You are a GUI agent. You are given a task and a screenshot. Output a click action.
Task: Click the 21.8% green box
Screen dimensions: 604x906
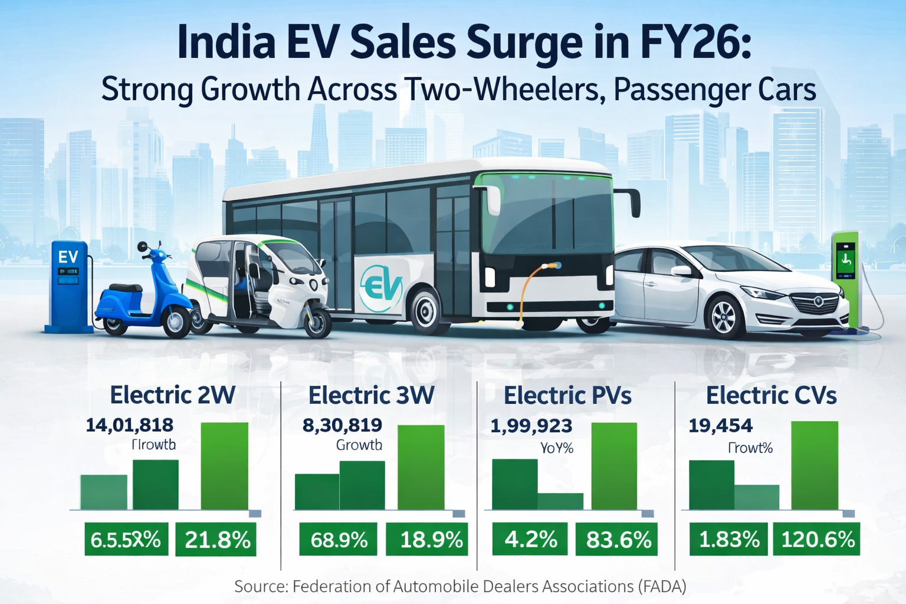click(x=216, y=539)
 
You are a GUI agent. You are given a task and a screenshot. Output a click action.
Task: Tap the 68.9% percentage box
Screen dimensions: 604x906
click(x=339, y=539)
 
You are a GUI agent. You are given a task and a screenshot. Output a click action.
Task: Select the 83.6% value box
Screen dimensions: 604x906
click(x=618, y=539)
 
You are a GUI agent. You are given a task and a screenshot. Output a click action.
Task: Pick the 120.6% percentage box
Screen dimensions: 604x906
click(x=817, y=539)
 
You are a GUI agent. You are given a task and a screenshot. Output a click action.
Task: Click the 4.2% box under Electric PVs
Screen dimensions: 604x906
click(x=530, y=539)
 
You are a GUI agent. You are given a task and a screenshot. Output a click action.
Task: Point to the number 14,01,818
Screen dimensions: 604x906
click(x=130, y=425)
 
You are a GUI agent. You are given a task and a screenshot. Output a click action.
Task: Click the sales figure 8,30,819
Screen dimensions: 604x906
click(x=342, y=425)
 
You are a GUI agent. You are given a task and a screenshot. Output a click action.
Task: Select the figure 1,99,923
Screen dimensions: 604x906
click(x=531, y=425)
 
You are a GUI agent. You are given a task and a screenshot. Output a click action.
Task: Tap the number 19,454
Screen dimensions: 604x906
click(x=721, y=425)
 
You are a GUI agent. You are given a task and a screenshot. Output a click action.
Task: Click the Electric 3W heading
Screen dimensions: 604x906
click(x=371, y=395)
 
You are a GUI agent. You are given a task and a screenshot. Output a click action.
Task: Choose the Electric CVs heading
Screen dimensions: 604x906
click(x=771, y=395)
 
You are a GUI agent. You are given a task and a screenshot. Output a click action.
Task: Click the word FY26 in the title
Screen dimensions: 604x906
click(x=696, y=42)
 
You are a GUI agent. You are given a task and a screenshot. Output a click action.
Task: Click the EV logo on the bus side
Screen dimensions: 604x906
click(x=381, y=287)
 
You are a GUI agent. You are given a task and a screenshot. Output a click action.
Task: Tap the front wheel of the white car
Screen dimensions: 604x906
click(x=726, y=317)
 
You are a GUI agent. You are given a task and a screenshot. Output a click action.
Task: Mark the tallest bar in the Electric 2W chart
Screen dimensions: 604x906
click(x=225, y=465)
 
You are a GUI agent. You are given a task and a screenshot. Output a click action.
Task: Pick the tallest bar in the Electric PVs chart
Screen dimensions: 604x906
click(x=614, y=465)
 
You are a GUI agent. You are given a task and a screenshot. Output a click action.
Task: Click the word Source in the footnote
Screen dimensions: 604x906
click(x=260, y=586)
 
